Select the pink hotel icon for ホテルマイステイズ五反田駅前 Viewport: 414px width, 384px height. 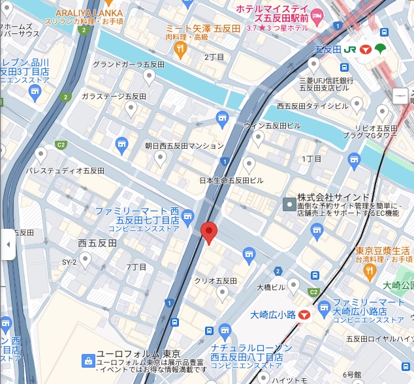318,16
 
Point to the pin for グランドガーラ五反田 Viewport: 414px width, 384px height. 149,78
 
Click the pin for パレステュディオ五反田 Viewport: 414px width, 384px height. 41,155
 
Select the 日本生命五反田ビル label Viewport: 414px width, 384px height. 232,180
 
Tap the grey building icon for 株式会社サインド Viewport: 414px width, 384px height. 289,205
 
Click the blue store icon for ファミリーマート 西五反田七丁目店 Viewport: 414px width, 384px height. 188,216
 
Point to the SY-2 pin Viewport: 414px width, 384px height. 85,259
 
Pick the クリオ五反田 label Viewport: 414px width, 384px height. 215,280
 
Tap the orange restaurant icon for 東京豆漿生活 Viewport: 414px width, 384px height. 370,269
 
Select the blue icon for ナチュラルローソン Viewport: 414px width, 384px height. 225,331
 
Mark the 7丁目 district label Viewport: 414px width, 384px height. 136,267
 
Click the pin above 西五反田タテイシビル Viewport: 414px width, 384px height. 357,104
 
